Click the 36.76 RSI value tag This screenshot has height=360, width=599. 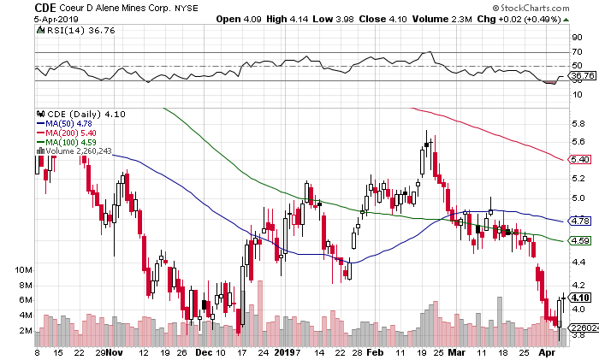pos(583,76)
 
